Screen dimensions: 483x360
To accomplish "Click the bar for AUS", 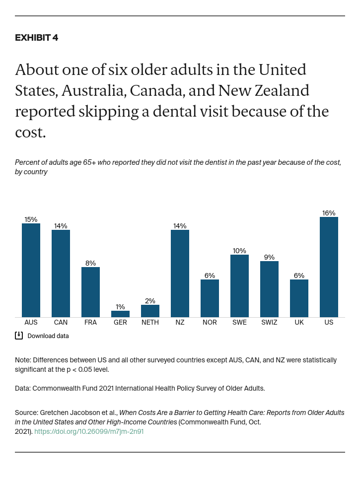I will (x=31, y=270).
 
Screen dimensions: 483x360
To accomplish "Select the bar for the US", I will (x=329, y=267).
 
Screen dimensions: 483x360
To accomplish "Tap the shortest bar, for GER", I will (x=120, y=314).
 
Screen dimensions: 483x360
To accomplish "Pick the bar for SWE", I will (x=239, y=286).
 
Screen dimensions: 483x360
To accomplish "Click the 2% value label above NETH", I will (x=150, y=301).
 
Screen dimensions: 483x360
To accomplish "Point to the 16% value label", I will (x=329, y=213).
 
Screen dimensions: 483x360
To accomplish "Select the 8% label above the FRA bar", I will (x=90, y=263).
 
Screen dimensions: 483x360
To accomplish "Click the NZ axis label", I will (x=180, y=322).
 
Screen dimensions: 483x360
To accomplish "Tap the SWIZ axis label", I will (x=269, y=322).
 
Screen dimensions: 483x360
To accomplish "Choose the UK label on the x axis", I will (x=299, y=322).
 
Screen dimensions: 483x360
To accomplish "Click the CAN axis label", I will (x=61, y=322).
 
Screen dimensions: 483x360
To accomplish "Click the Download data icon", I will (x=19, y=336).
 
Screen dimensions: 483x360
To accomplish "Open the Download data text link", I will (x=48, y=336).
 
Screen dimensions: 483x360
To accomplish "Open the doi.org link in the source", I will (x=90, y=431).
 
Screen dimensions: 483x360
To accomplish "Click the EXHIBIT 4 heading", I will (x=36, y=38).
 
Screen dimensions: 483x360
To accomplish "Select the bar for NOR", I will (x=210, y=298).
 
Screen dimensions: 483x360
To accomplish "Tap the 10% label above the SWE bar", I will (x=239, y=251).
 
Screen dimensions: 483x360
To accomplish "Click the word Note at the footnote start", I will (x=23, y=360).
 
